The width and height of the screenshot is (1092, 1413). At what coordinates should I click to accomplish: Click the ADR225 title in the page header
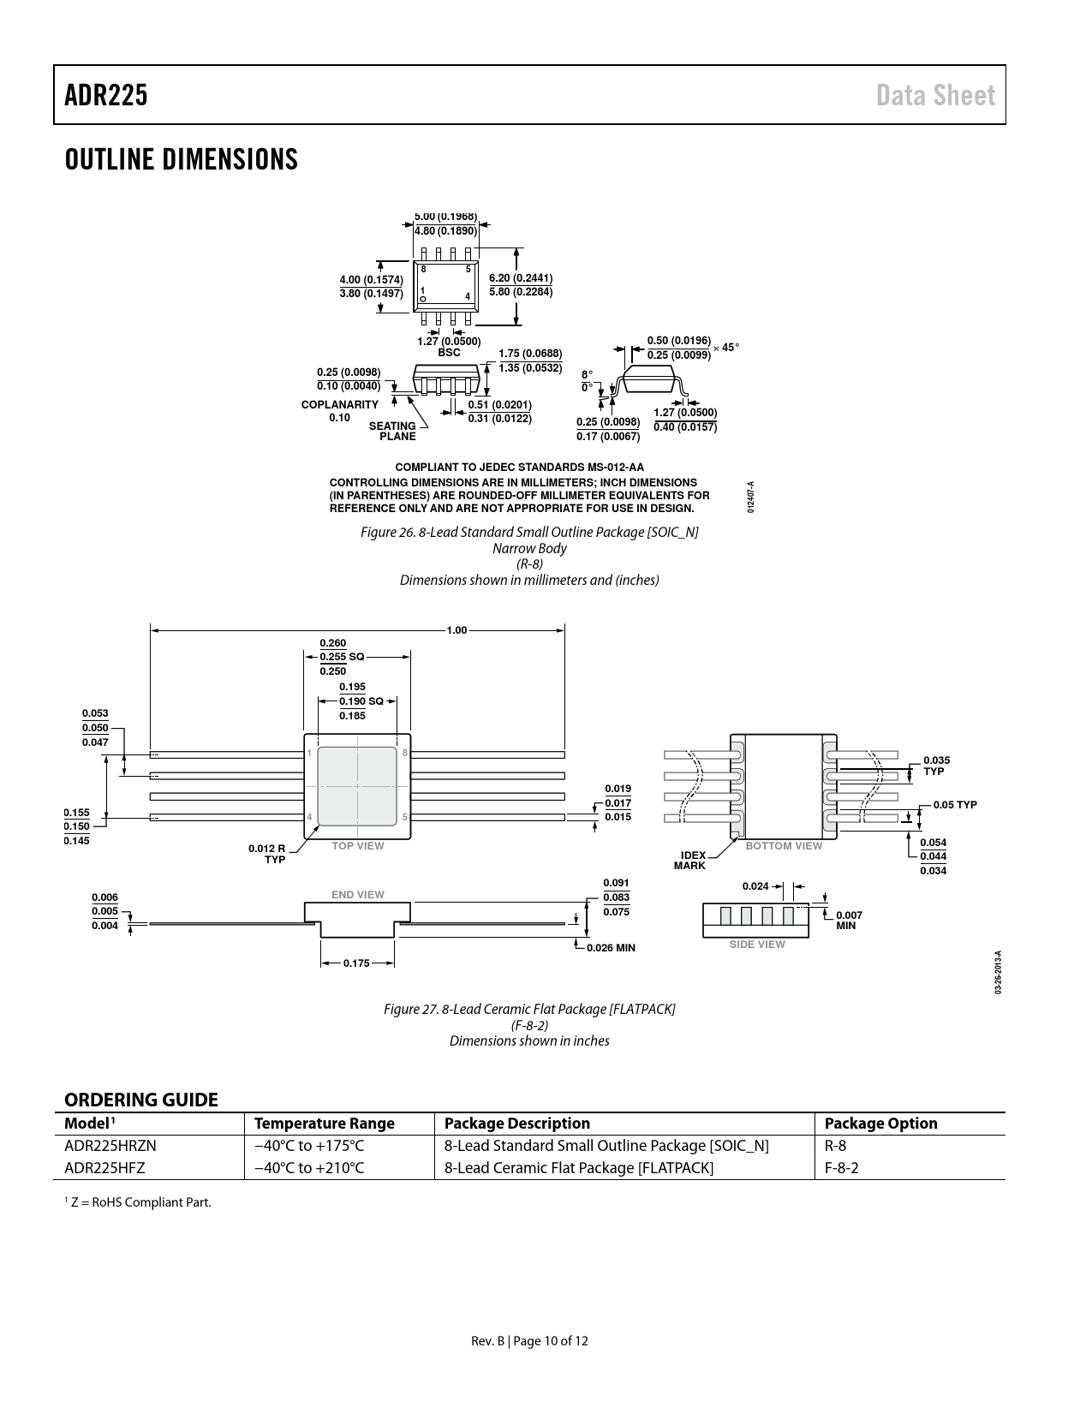click(106, 95)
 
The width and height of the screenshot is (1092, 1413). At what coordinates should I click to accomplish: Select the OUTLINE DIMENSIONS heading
click(182, 159)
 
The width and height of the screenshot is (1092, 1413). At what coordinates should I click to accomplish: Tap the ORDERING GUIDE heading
click(141, 1100)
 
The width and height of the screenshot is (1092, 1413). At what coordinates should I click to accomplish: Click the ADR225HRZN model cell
click(110, 1146)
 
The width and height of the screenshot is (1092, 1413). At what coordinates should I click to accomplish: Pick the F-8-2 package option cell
click(842, 1168)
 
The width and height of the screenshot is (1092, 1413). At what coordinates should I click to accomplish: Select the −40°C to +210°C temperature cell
click(309, 1168)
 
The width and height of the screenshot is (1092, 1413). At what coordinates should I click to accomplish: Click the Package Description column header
click(517, 1123)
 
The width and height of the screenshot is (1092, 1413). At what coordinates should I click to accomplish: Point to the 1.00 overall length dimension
click(456, 630)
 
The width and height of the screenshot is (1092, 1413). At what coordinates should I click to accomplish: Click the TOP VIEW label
click(358, 846)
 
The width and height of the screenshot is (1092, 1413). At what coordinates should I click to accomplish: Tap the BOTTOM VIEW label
click(784, 846)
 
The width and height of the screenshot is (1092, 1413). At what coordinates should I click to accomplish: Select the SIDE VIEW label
click(757, 945)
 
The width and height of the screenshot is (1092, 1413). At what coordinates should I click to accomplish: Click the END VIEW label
click(358, 895)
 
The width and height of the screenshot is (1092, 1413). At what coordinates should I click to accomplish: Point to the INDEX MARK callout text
click(690, 861)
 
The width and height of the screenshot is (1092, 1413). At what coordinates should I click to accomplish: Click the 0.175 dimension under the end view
click(356, 963)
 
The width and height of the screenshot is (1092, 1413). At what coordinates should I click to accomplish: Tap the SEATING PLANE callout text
click(392, 431)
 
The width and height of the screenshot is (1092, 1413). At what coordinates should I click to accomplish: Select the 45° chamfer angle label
click(731, 347)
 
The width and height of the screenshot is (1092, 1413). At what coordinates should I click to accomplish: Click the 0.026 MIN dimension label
click(611, 947)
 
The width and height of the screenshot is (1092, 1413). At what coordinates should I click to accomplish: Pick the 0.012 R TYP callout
click(266, 854)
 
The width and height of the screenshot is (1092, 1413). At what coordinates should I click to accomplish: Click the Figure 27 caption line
click(529, 1009)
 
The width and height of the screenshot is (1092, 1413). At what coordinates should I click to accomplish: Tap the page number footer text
click(529, 1341)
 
